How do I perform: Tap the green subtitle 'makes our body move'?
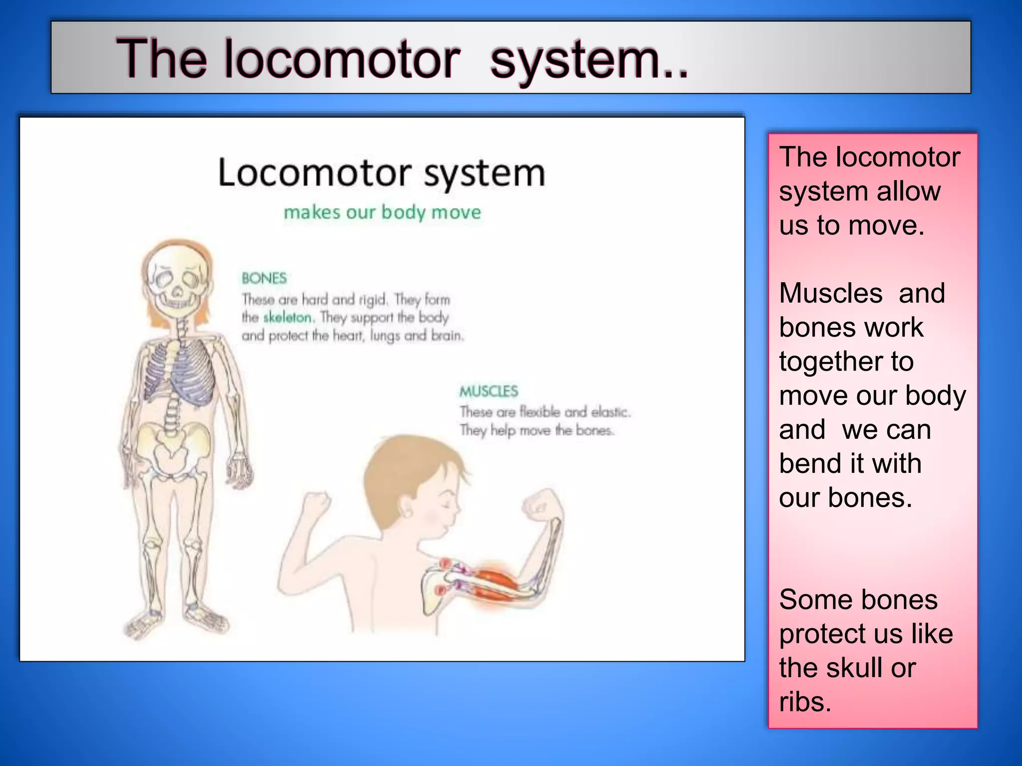(382, 212)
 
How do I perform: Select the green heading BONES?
(264, 278)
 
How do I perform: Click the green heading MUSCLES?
(489, 391)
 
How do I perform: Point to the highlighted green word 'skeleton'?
(287, 317)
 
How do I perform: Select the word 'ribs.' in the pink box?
(805, 702)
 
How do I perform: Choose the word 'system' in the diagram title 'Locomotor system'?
(484, 174)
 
